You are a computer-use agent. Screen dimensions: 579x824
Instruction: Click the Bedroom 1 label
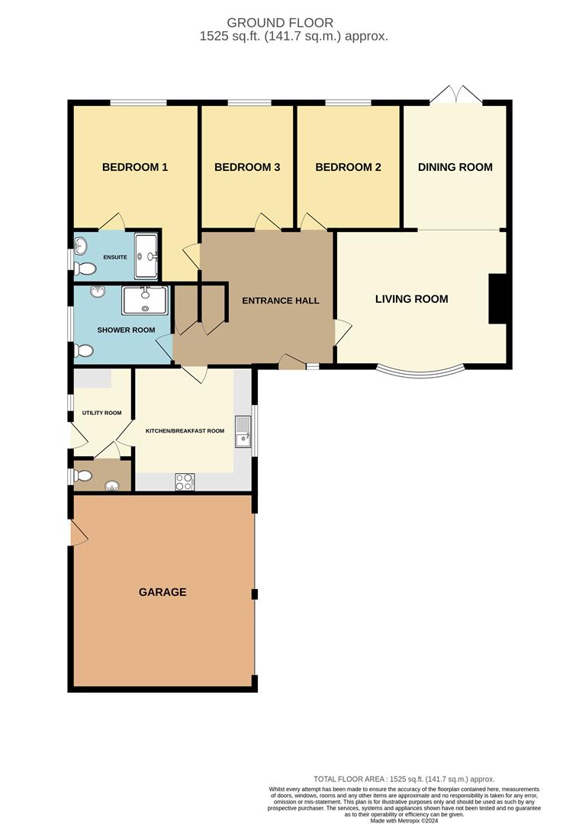135,167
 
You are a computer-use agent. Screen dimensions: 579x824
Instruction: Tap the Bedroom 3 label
247,167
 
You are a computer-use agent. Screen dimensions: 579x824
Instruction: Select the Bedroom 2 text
348,167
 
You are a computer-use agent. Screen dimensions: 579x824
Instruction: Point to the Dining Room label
455,167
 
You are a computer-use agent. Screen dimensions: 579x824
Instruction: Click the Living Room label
411,299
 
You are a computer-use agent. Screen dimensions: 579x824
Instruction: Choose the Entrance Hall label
281,301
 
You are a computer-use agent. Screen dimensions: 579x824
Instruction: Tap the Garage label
162,592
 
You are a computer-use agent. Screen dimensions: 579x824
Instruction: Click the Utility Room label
101,413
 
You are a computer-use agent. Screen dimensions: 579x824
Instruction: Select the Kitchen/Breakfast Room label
185,431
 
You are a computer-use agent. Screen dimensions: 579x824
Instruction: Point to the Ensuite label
115,258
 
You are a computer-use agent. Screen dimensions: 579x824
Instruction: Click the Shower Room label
126,330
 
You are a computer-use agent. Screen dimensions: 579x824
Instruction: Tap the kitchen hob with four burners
185,482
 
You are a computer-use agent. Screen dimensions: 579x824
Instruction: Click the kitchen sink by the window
243,431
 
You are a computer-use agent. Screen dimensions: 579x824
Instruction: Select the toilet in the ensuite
84,269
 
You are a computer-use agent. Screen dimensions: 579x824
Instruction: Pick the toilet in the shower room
84,350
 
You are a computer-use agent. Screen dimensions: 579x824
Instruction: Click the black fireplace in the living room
497,298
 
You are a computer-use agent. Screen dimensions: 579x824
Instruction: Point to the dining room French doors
455,95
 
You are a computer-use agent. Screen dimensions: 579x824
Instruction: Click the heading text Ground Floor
280,23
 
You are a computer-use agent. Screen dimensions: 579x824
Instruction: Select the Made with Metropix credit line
404,820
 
